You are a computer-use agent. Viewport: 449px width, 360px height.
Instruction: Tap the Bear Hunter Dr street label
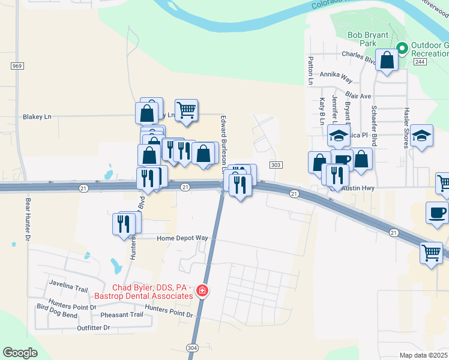point(27,220)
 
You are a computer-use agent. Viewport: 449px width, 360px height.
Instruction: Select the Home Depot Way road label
point(182,238)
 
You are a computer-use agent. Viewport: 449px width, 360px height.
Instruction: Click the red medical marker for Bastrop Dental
point(203,292)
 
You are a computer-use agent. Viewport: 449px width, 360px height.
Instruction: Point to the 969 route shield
point(17,65)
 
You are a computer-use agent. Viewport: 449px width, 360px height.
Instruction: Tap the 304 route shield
point(192,347)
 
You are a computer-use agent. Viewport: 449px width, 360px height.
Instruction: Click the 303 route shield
point(276,165)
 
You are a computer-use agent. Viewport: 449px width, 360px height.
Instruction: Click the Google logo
point(20,353)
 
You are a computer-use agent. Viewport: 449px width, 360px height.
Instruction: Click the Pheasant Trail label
point(122,314)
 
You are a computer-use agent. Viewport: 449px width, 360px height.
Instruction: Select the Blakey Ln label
point(37,116)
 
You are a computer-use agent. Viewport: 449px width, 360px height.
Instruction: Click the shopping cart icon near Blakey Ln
point(187,110)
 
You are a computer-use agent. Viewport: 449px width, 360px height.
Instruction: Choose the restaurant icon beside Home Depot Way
point(125,223)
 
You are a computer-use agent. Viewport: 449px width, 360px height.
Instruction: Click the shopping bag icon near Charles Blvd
point(387,59)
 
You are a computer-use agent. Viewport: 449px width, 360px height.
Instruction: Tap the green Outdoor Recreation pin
point(402,47)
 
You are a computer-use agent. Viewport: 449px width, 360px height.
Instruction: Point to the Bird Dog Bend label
point(57,315)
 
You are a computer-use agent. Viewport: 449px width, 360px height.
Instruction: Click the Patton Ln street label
point(311,70)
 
